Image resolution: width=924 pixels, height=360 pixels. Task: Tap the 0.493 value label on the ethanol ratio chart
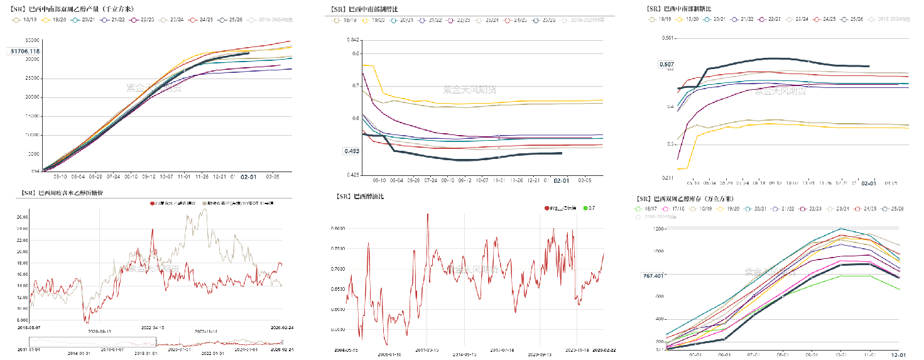click(x=351, y=151)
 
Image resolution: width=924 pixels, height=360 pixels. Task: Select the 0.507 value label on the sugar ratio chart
click(x=666, y=64)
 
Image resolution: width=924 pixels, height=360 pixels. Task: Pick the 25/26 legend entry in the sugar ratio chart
click(x=856, y=20)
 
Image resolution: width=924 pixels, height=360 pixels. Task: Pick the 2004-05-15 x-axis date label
click(x=346, y=350)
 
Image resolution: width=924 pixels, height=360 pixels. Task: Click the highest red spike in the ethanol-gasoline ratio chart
click(x=428, y=214)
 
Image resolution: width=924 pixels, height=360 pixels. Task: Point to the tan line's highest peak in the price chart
click(x=204, y=210)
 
